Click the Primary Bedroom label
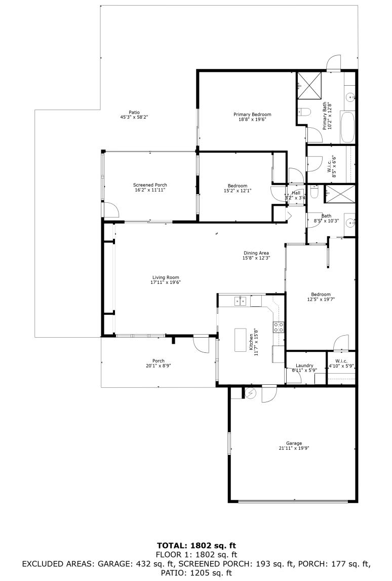pos(252,115)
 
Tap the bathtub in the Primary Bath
pos(348,127)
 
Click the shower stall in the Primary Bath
pos(309,85)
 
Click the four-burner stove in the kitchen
pos(278,327)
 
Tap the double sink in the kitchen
pos(241,301)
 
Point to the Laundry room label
pos(304,366)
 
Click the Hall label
pos(296,193)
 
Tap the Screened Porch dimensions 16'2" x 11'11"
pos(150,190)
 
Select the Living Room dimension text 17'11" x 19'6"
pos(166,282)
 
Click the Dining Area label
pos(256,253)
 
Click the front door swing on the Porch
pos(201,345)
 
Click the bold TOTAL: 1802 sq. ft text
pos(196,546)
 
